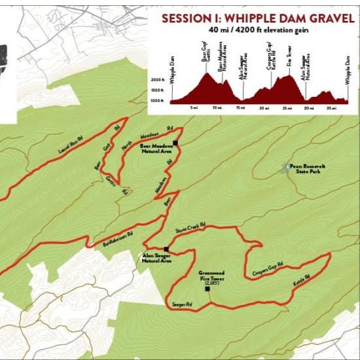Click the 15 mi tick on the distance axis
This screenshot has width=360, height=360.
(240, 108)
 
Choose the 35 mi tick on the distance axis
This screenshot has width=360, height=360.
(331, 108)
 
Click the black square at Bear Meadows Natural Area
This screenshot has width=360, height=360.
(175, 142)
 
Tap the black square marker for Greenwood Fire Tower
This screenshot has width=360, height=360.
(207, 289)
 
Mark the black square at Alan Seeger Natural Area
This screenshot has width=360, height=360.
(168, 249)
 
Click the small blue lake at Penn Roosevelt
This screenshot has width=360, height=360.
(286, 168)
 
